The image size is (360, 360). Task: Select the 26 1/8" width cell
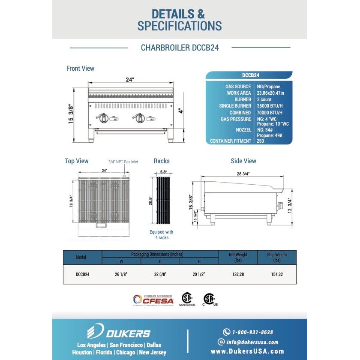tap(121, 274)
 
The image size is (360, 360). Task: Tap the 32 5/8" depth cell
tap(160, 274)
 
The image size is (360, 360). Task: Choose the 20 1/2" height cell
tap(199, 274)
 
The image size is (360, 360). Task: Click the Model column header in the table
tap(81, 257)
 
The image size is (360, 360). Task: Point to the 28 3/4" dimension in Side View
tap(243, 174)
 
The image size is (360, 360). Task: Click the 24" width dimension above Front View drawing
tap(130, 80)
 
